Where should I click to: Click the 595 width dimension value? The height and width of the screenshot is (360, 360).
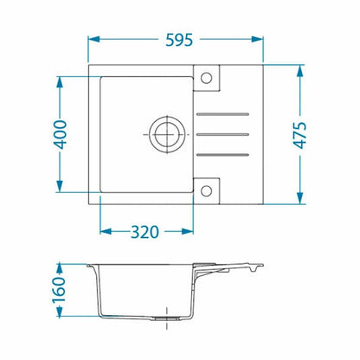[x=179, y=40]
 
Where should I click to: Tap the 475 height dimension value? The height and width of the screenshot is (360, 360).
[x=300, y=135]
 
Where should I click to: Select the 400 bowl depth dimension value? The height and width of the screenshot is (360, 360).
[x=61, y=134]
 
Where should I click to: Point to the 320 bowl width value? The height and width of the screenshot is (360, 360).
[x=145, y=232]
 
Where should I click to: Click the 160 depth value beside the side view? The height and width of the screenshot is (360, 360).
[x=59, y=290]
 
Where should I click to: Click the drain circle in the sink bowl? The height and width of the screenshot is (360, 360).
[x=167, y=134]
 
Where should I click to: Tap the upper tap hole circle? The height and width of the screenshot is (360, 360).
[x=206, y=78]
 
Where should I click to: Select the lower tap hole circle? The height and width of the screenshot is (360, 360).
[x=206, y=190]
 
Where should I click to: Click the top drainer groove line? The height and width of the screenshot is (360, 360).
[x=222, y=114]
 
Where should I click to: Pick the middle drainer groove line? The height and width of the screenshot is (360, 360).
[x=222, y=134]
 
